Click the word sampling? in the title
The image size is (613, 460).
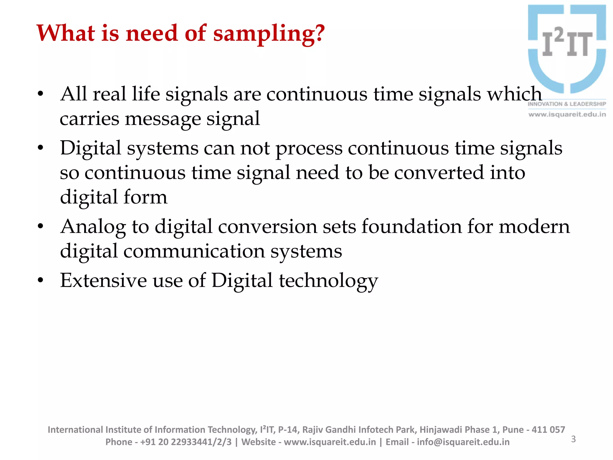268,34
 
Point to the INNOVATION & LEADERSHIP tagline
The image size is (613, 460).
567,104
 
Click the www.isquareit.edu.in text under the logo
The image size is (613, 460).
567,114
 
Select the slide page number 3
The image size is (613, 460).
573,439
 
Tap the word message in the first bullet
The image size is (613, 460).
163,119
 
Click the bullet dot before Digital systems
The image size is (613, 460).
41,148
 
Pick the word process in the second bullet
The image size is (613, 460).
309,149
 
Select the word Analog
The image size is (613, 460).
93,227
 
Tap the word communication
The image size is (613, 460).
194,251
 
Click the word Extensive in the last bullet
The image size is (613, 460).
103,281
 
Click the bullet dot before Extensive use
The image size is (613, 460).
41,281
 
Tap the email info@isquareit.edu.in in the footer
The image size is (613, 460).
463,442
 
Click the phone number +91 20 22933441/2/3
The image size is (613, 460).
186,442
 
